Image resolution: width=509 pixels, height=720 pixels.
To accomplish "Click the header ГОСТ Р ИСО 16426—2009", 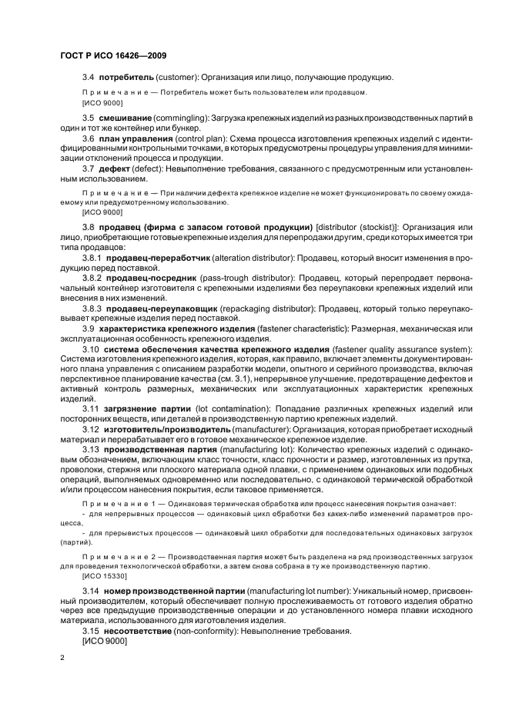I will pyautogui.click(x=113, y=55).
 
